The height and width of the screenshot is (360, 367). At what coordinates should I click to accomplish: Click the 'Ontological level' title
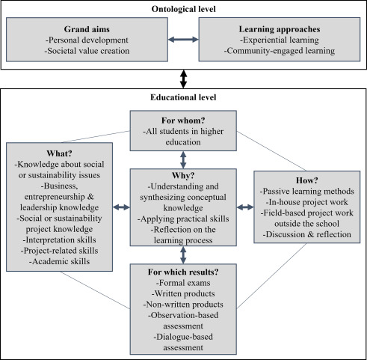pos(182,9)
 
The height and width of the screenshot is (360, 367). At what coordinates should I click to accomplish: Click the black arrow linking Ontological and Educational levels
pos(182,77)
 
